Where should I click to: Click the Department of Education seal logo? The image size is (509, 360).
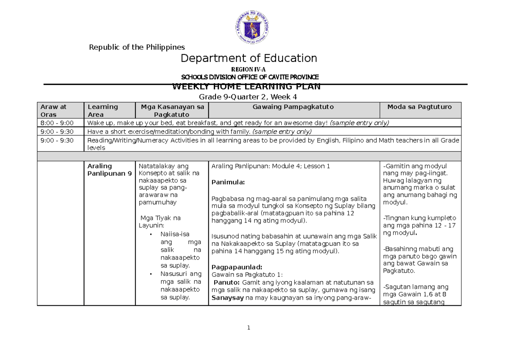point(252,27)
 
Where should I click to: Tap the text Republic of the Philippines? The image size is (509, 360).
point(137,47)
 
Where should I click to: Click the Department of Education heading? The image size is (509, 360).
point(249,58)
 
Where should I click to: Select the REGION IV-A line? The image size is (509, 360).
point(249,70)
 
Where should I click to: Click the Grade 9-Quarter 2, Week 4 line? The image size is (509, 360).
point(249,96)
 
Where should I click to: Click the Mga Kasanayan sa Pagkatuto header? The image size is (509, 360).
point(172,110)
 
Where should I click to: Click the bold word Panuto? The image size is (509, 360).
point(227,282)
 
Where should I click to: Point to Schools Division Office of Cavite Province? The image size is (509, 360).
point(250,77)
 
